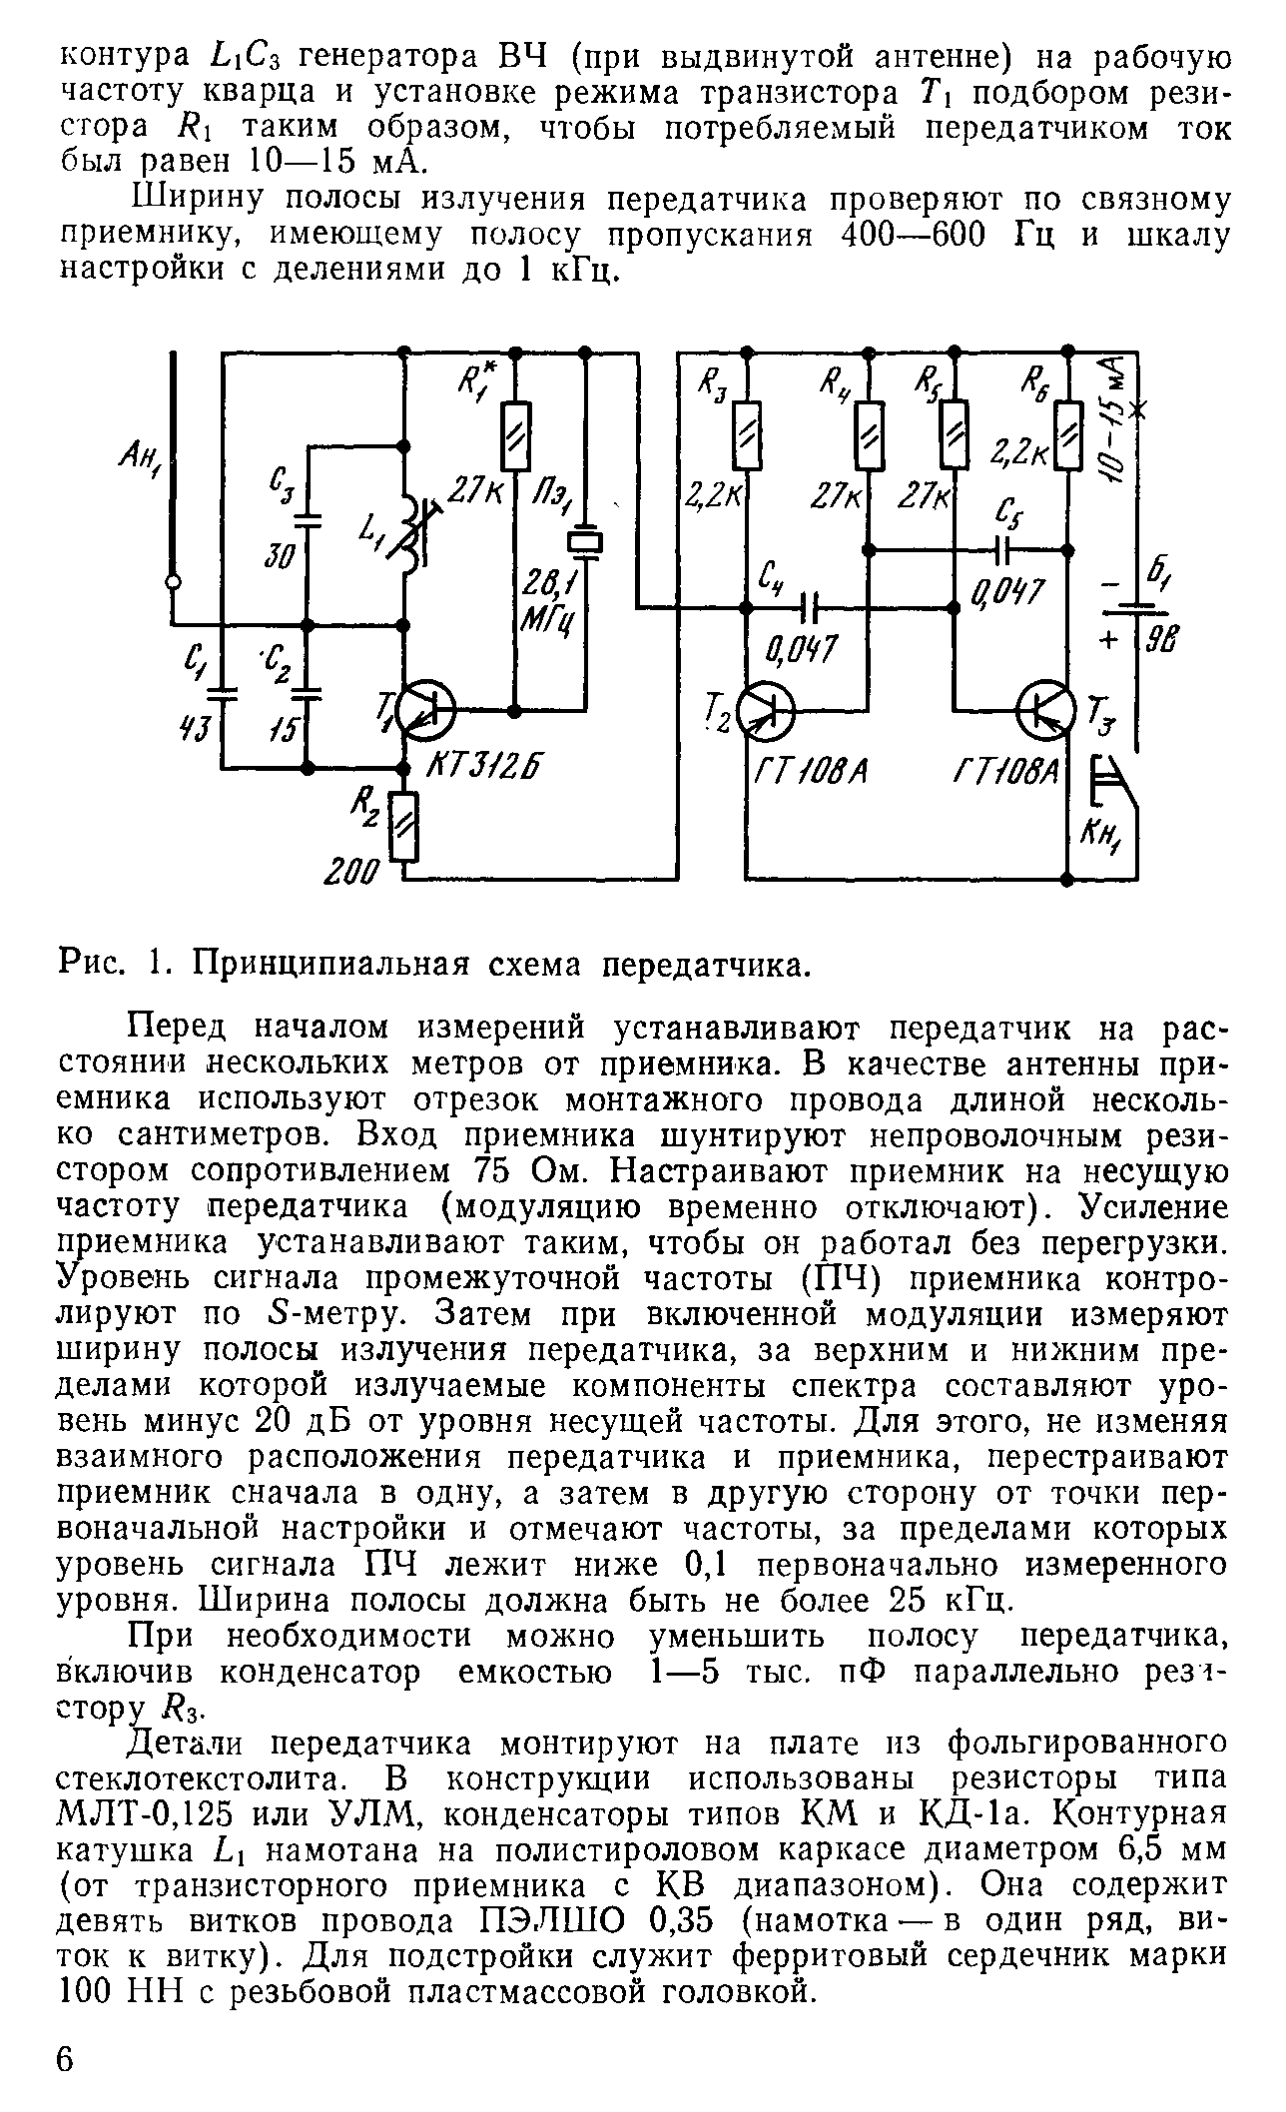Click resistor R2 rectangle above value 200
tap(406, 826)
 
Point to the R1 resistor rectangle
tap(516, 436)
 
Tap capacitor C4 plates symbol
tap(811, 606)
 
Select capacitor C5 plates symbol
tap(1004, 548)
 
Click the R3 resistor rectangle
tap(747, 434)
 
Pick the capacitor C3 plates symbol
tap(308, 519)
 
